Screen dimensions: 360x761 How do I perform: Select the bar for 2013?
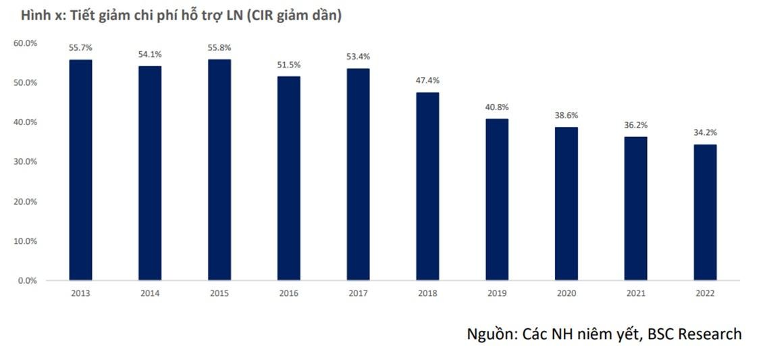pos(80,170)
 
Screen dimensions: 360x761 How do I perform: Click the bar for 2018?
pos(427,186)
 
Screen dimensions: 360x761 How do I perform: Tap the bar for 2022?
pos(705,212)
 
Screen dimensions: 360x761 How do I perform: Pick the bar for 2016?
pos(289,178)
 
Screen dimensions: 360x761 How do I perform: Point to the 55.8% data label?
pos(219,48)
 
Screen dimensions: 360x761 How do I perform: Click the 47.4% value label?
pos(427,81)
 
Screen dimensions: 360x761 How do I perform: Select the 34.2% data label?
pos(705,133)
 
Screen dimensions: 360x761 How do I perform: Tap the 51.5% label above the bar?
pos(289,65)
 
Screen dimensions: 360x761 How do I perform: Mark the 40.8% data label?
pos(497,107)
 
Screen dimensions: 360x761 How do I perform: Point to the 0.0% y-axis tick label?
pos(27,280)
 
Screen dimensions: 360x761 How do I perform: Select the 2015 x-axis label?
pos(219,294)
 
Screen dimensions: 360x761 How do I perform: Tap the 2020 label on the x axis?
pos(566,294)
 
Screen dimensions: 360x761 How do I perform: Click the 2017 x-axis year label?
pos(358,294)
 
